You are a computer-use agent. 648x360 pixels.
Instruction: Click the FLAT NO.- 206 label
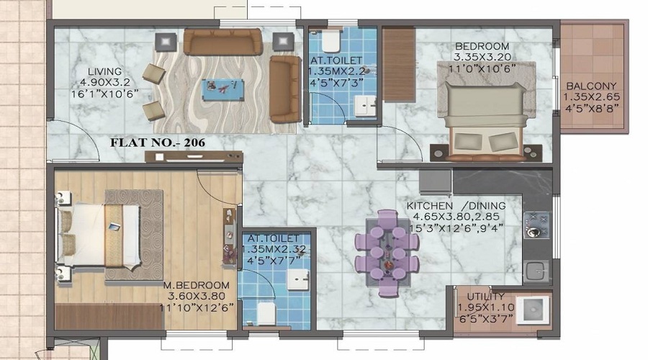pos(158,143)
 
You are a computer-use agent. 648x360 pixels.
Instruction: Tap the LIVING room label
pos(104,71)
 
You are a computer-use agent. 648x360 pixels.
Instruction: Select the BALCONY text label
pos(591,86)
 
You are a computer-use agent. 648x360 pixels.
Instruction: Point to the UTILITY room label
pos(485,297)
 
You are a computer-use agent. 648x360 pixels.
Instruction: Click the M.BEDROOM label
pos(197,285)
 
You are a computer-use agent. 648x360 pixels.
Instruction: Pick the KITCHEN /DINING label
pos(456,206)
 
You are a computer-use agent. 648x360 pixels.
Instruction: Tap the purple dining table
pos(387,252)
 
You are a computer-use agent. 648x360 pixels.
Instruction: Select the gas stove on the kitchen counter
pos(537,225)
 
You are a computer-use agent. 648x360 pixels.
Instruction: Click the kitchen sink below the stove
pos(537,271)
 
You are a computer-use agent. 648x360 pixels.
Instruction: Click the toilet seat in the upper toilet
pos(330,40)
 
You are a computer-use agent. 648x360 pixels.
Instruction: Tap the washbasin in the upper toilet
pos(365,106)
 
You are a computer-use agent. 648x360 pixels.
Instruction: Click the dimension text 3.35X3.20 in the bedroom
pos(482,57)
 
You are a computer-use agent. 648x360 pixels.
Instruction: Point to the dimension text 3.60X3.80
pos(197,297)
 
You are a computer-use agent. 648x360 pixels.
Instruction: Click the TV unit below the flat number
pos(194,157)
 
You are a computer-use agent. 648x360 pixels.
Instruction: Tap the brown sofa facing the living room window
pos(222,42)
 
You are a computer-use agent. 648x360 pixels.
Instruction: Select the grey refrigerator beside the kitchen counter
pos(435,182)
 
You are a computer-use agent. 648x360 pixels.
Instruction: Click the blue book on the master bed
pos(114,227)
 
